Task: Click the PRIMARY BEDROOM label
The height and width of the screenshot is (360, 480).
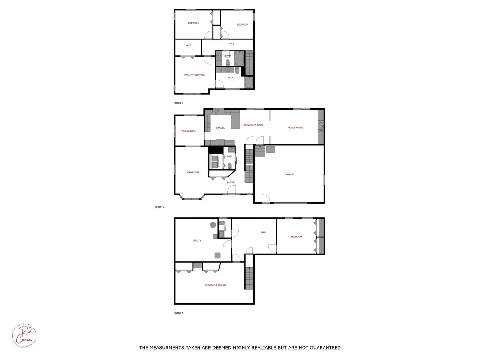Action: (x=195, y=75)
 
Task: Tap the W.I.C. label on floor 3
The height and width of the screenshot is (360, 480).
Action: (x=189, y=45)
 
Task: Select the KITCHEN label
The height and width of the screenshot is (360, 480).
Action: (x=220, y=129)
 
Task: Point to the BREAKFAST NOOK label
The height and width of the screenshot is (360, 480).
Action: (x=253, y=125)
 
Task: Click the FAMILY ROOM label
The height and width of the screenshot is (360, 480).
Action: (x=295, y=128)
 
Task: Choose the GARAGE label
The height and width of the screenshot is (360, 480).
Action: (x=289, y=174)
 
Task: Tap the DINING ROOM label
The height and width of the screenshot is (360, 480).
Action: (x=189, y=131)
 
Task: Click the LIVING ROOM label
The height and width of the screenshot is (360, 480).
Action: (x=192, y=172)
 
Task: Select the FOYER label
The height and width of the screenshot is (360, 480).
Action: (x=231, y=183)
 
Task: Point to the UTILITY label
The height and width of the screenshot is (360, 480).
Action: (x=197, y=240)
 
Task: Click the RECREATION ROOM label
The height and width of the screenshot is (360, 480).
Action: (x=215, y=285)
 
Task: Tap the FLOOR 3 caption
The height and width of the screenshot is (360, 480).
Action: (x=178, y=103)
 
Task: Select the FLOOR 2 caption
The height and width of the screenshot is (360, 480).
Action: (x=160, y=207)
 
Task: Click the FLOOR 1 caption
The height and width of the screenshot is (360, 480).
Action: (x=178, y=313)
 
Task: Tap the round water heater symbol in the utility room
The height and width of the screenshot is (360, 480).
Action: (x=213, y=225)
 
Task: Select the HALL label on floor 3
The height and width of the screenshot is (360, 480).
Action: (x=231, y=43)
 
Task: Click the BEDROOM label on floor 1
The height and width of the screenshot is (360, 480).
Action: (x=296, y=237)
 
